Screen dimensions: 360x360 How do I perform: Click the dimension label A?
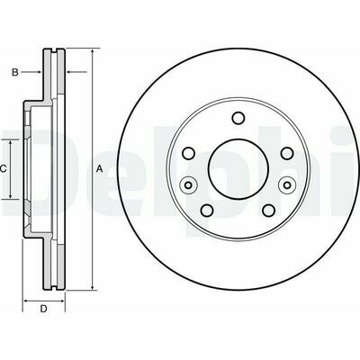point(99,169)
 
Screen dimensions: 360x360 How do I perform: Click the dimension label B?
point(15,72)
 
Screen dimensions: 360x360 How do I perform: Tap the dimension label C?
point(3,169)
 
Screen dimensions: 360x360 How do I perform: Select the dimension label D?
point(44,309)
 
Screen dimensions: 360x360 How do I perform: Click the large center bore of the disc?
point(238,169)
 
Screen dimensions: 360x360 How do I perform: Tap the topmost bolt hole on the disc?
point(238,118)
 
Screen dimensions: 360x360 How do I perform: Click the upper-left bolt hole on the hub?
point(189,153)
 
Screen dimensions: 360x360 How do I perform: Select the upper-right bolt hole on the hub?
point(287,153)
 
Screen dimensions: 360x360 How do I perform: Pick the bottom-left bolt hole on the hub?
point(208,211)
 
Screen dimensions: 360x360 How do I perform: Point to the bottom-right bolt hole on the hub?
point(268,211)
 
